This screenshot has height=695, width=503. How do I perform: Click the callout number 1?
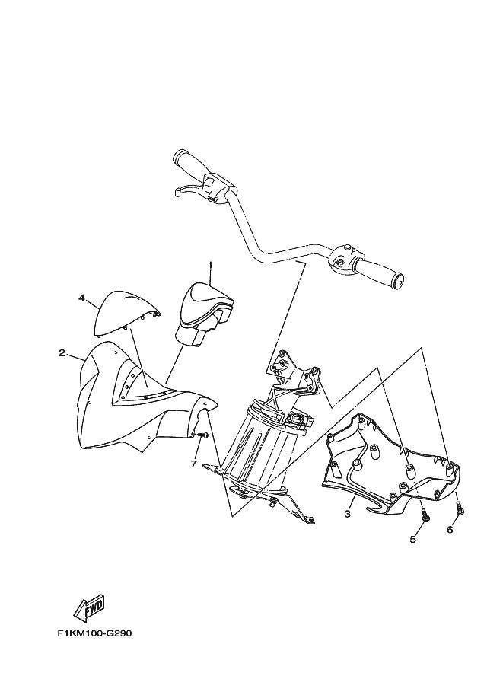click(x=210, y=265)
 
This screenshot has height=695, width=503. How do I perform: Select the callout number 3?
click(x=348, y=514)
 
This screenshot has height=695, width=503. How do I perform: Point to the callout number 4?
click(x=81, y=298)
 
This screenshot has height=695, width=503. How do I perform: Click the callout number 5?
click(x=413, y=539)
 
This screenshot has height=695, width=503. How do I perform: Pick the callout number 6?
click(x=450, y=529)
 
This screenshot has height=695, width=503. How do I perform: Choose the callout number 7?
click(x=193, y=464)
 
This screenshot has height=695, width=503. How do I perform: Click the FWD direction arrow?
click(x=89, y=610)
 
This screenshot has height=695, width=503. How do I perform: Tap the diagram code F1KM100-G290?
click(x=94, y=633)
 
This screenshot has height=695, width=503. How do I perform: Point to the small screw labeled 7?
click(x=203, y=435)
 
